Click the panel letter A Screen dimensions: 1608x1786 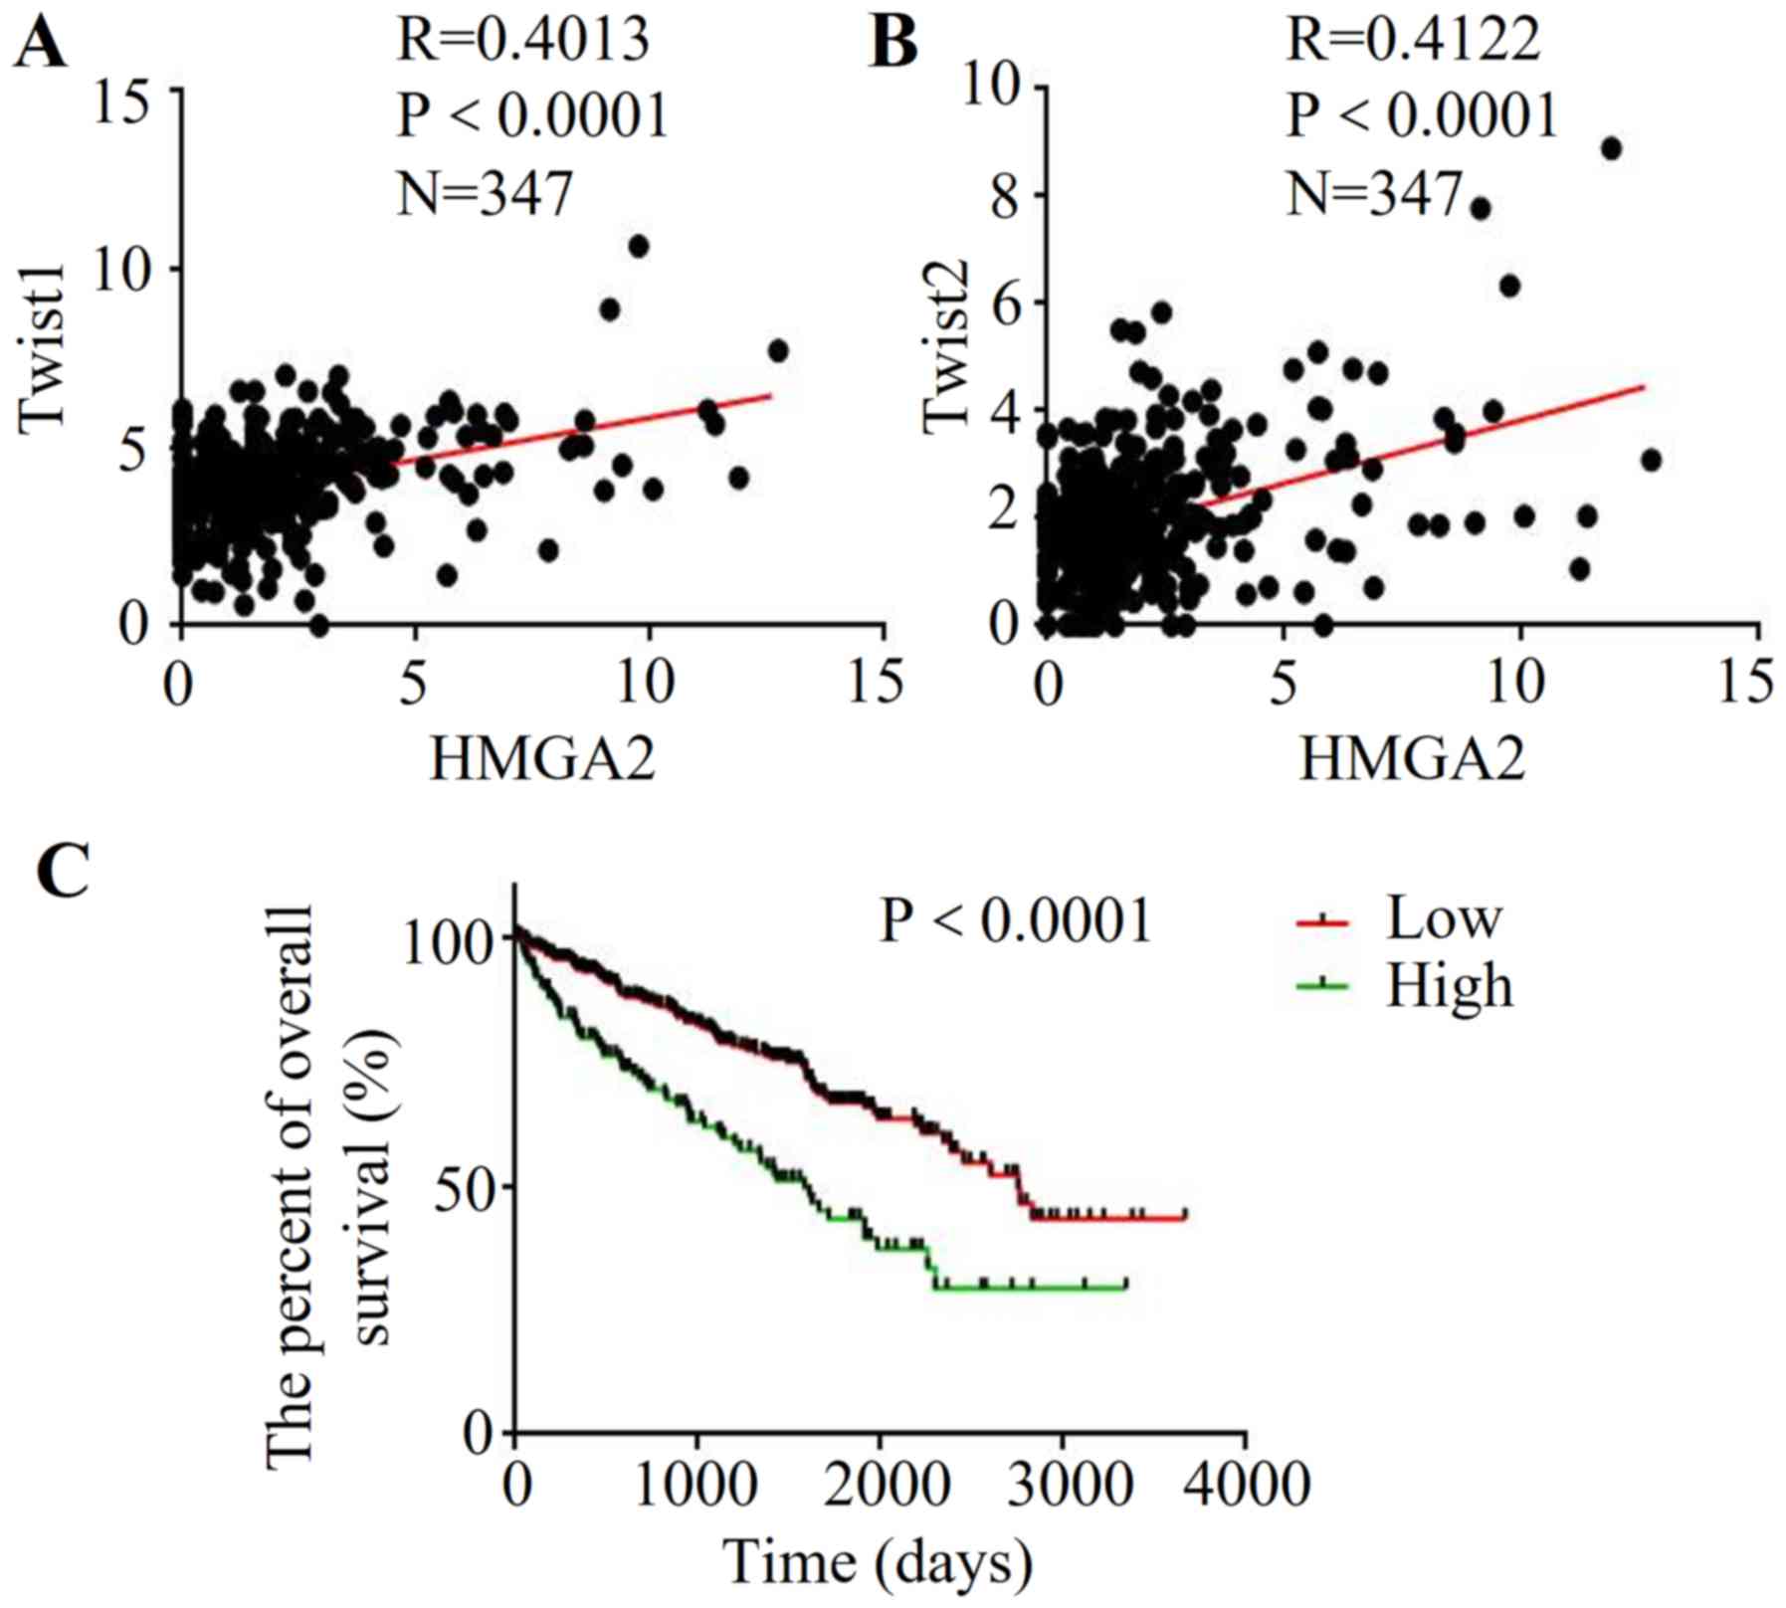point(40,45)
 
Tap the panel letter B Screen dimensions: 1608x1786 point(893,45)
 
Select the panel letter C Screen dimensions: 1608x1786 point(62,871)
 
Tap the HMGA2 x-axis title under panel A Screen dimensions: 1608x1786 point(542,761)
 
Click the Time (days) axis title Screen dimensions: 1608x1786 point(878,1560)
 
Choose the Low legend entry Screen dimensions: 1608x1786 point(1443,917)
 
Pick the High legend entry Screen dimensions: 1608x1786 point(1449,985)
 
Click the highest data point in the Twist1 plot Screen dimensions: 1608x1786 point(639,246)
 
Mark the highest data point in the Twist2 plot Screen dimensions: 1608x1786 point(1611,149)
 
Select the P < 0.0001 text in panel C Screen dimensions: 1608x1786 point(1016,920)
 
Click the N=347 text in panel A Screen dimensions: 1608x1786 point(486,193)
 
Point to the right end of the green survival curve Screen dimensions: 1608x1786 point(1125,1287)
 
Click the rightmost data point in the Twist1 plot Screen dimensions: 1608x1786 point(778,351)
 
